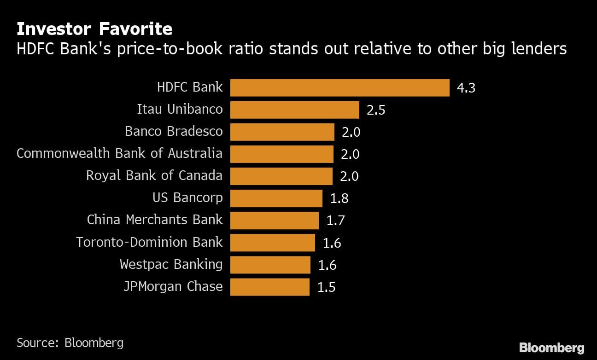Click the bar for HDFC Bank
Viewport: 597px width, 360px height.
coord(339,87)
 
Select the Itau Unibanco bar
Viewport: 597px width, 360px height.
coord(294,110)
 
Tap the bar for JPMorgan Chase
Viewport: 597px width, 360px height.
coord(269,287)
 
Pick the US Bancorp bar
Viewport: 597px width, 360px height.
coord(276,198)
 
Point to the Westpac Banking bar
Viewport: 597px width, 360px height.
coord(270,265)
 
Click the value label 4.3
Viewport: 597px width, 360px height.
coord(466,88)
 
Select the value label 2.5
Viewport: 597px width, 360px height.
coord(375,110)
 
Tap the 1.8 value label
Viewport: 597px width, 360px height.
coord(339,198)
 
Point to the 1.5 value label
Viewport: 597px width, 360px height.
coord(326,287)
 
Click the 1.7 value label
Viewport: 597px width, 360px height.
coord(335,221)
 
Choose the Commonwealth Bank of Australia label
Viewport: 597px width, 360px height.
coord(119,153)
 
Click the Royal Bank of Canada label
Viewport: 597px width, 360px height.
coord(154,175)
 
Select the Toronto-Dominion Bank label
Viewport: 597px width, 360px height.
coord(149,242)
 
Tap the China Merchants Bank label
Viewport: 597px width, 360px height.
coord(155,220)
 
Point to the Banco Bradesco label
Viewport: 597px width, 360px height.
coord(174,131)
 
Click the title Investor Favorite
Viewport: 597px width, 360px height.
coord(94,29)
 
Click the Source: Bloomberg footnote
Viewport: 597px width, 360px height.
coord(70,343)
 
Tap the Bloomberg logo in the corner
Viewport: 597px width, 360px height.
coord(551,348)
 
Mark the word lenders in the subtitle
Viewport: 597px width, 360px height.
coord(538,48)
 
